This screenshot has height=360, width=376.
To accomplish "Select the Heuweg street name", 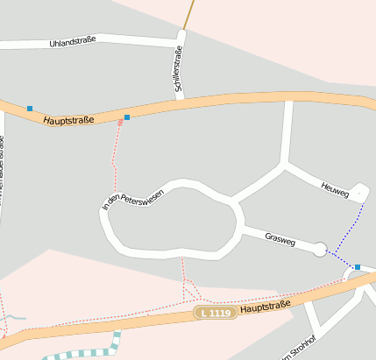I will tap(335, 187).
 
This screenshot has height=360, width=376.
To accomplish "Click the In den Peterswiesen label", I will tap(133, 201).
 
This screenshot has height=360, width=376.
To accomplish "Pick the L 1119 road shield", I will tap(216, 313).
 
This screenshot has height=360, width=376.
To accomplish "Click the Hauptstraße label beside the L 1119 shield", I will tap(265, 307).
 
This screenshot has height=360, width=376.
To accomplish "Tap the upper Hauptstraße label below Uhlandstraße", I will tap(70, 116).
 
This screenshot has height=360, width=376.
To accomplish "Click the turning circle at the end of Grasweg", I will tap(320, 250).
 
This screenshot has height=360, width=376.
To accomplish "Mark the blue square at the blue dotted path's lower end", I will tap(358, 266).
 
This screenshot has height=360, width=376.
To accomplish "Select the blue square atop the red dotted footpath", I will tap(127, 117).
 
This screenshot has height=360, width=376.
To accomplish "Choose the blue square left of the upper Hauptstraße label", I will tap(30, 109).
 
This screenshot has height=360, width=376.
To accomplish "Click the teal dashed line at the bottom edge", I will tap(88, 354).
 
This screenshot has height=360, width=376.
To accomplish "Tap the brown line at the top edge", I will tap(188, 13).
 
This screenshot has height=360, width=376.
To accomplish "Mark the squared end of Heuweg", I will tap(360, 193).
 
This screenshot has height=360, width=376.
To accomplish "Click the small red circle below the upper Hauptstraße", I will tap(120, 123).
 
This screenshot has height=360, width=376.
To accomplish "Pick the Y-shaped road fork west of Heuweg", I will tap(285, 163).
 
